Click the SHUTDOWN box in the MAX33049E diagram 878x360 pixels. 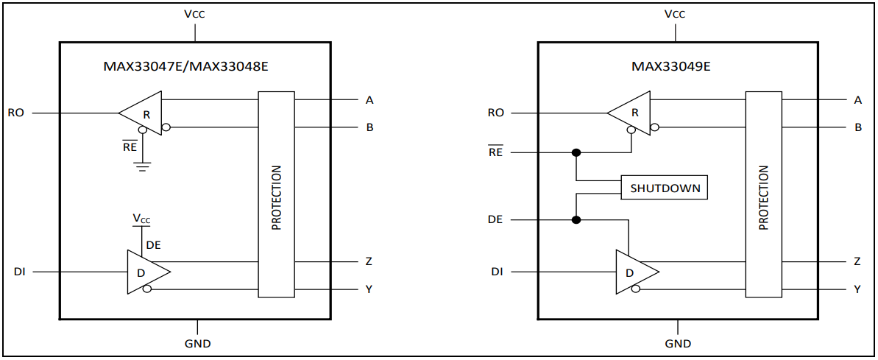coord(665,188)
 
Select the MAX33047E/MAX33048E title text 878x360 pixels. coord(185,66)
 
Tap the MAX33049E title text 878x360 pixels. coord(670,66)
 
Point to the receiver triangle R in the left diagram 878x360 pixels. coord(144,113)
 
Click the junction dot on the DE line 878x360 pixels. coord(576,220)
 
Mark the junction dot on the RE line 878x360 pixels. coord(576,152)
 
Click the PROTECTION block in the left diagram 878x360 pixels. coord(276,194)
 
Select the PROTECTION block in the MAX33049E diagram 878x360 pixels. coord(763,194)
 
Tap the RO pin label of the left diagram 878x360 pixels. coord(15,113)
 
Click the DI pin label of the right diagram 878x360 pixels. coord(497,272)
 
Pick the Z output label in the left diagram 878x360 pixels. coord(369,261)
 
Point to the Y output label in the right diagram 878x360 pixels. coord(857,289)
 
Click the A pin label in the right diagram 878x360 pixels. coord(857,100)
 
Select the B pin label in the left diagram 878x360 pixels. coord(369,127)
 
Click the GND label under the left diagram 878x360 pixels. coord(197,343)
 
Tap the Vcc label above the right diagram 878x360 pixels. coord(674,14)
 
